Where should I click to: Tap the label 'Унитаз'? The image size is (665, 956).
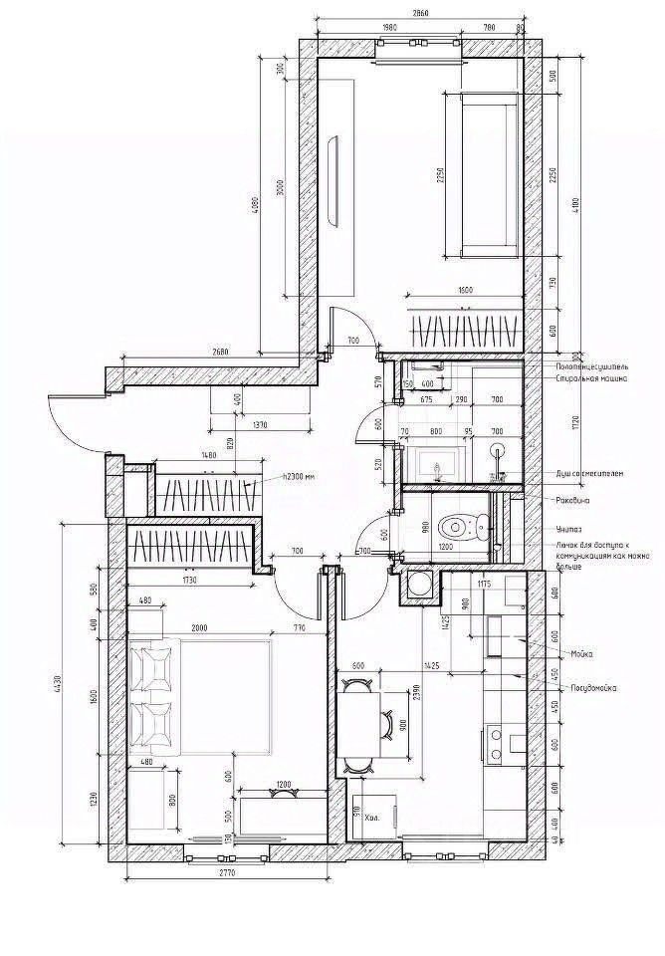pos(568,529)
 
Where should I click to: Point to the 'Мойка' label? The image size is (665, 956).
pos(582,653)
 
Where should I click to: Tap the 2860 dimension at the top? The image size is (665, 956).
pos(419,15)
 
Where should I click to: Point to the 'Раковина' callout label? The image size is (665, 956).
pos(574,500)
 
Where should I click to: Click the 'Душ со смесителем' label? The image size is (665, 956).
pos(590,473)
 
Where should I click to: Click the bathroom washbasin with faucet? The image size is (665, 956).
pos(435,465)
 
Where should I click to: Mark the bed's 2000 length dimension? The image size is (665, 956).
pos(200,628)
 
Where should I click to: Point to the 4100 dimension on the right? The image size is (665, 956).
pos(571,204)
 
